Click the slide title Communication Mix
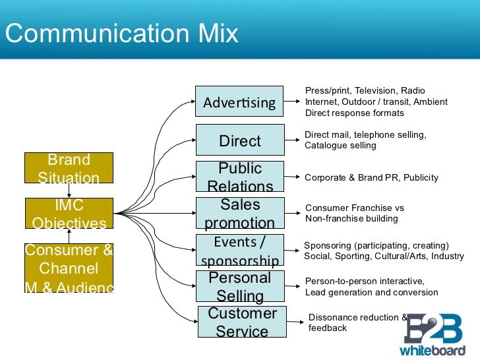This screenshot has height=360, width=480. (121, 33)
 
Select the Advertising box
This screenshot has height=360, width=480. (239, 102)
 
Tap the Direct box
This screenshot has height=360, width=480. (239, 140)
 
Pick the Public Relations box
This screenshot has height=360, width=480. (240, 177)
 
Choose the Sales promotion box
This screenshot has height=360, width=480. (240, 213)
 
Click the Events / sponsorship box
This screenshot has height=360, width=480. (240, 250)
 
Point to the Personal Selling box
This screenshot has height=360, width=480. (240, 286)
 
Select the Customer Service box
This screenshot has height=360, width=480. (242, 322)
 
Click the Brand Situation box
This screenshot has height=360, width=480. (69, 168)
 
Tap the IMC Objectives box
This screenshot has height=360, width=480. (69, 213)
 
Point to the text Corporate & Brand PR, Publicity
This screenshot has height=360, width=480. (371, 178)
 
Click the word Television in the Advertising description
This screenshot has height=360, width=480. (375, 91)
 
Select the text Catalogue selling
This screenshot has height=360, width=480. (340, 146)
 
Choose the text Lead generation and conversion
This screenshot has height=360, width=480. (371, 293)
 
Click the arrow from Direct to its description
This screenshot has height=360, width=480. (293, 140)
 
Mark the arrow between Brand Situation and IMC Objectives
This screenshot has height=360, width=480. (69, 190)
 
